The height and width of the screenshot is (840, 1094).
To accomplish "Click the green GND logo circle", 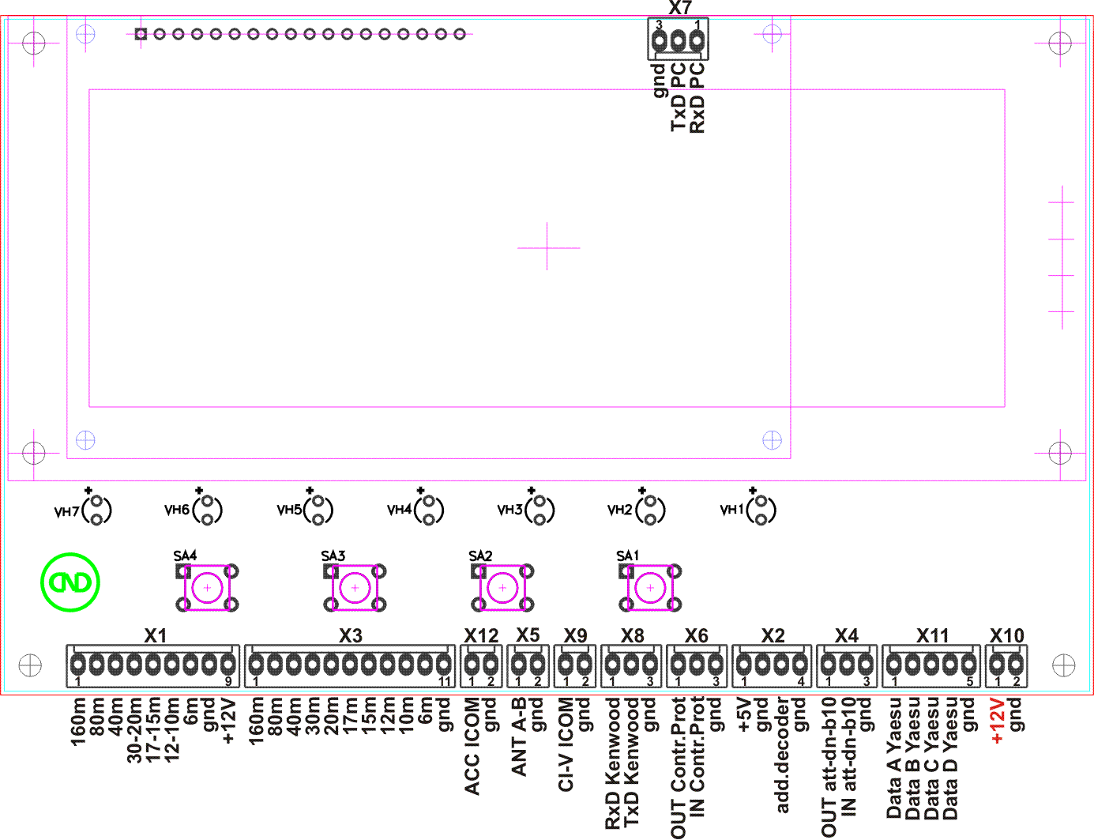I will click(70, 582).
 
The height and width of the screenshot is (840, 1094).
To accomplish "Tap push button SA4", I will click(208, 587).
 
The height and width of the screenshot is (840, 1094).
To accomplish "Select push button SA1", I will click(650, 587).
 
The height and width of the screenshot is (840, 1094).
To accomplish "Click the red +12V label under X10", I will click(997, 721).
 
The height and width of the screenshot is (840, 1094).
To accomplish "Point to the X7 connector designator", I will click(679, 8).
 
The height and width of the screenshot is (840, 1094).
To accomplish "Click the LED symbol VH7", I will click(97, 510).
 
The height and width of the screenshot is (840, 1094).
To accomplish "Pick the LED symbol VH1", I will click(761, 510).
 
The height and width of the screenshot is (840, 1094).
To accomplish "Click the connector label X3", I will click(351, 636).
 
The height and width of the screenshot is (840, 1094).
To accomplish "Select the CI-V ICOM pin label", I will click(566, 744).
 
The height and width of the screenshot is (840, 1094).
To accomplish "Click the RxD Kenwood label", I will click(613, 763).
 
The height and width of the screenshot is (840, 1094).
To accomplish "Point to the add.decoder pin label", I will click(782, 755).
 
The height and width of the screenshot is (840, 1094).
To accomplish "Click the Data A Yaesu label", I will click(894, 758).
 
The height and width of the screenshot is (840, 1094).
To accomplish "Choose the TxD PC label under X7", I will click(679, 97).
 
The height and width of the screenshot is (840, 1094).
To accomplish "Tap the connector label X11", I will click(932, 636).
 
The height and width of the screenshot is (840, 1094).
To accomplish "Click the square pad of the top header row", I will click(141, 34).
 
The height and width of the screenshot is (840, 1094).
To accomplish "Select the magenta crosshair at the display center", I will click(547, 247).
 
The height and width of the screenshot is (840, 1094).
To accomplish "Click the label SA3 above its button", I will click(333, 556).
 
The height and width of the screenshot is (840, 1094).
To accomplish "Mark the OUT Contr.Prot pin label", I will click(679, 767).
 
